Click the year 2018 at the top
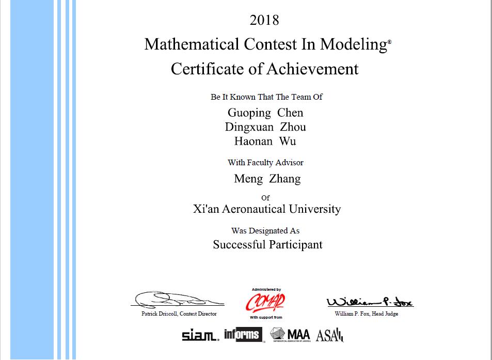coord(264,20)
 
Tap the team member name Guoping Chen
coord(265,113)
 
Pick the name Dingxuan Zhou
coord(265,127)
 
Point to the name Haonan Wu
coord(265,141)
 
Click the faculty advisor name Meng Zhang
coord(267,179)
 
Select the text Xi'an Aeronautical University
coord(267,209)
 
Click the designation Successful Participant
coord(267,244)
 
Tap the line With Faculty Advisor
coord(265,163)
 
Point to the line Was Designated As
coord(265,231)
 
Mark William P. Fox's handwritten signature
coord(369,302)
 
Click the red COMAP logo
coord(265,302)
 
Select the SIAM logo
coord(200,336)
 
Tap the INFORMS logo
coord(243,335)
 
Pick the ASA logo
coord(329,335)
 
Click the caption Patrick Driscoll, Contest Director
coord(179,314)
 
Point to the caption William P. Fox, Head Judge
coord(367,314)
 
